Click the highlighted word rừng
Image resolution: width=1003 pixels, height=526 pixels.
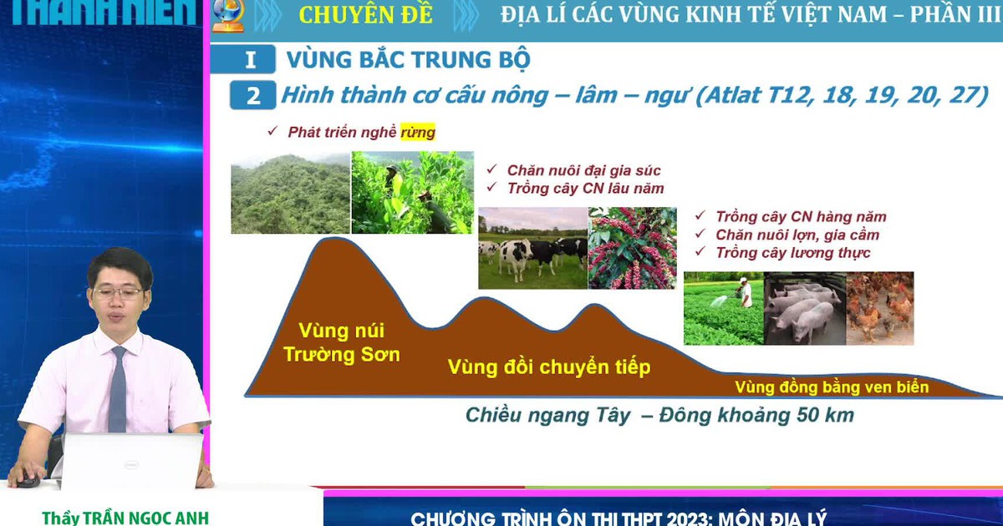click(418, 132)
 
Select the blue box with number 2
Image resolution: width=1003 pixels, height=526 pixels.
click(252, 96)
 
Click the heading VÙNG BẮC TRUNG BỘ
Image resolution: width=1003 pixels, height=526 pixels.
click(408, 60)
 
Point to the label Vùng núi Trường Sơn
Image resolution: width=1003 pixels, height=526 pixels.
click(341, 342)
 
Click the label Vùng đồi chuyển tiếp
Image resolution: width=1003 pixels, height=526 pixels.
click(548, 367)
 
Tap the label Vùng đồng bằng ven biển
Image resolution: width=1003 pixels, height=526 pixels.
click(832, 387)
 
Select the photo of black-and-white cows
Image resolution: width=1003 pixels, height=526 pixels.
click(532, 248)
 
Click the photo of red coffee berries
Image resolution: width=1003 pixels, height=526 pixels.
click(633, 248)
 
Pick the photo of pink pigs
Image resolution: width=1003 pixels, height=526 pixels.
click(804, 308)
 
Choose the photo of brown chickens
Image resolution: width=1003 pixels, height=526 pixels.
click(880, 308)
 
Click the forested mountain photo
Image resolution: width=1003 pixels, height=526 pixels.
click(290, 194)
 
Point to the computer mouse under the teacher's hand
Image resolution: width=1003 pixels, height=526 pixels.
click(28, 480)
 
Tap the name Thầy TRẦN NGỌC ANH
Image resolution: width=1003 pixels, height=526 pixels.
click(125, 517)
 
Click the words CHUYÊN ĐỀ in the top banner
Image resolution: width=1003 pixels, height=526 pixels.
click(365, 16)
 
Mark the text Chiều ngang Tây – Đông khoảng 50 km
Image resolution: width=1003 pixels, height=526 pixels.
click(659, 415)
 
